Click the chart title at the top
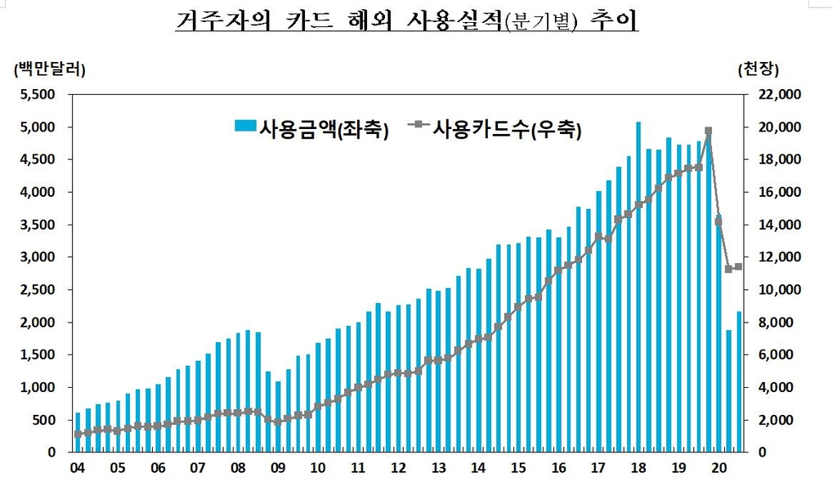click(406, 21)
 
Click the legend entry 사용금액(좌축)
click(311, 127)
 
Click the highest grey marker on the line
click(708, 131)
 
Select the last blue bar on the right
click(739, 381)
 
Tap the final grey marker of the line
click(738, 266)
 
